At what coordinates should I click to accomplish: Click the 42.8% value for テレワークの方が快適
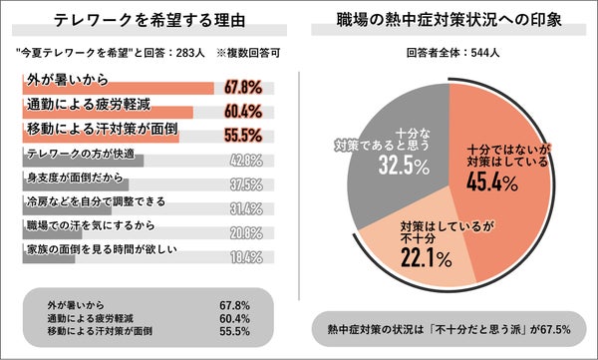tap(247, 160)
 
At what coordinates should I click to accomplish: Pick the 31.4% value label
tap(247, 207)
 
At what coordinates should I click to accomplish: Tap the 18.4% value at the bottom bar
tap(247, 257)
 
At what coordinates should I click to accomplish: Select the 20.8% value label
tap(247, 232)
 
